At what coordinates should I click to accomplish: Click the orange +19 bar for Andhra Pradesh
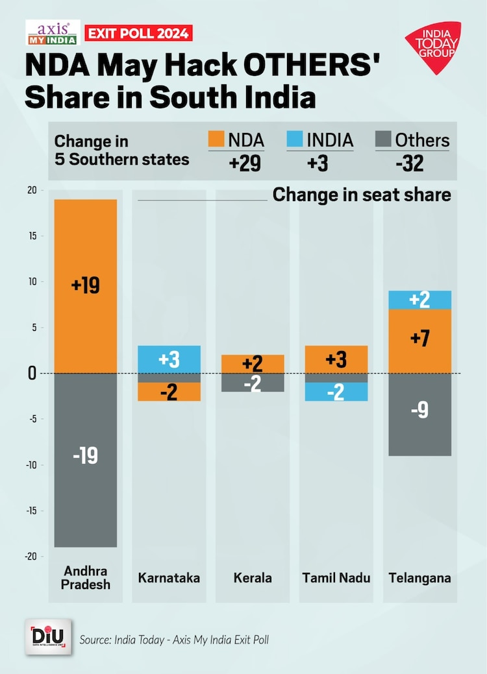tap(86, 286)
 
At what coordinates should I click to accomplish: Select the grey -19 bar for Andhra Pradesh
tap(86, 460)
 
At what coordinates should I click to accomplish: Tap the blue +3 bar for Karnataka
tap(169, 359)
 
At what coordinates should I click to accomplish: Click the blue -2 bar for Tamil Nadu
tap(336, 392)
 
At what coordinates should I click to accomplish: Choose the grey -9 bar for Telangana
tap(419, 415)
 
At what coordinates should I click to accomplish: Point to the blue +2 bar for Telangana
tap(419, 300)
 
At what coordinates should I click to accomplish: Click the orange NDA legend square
tap(216, 139)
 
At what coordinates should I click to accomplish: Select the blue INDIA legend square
tap(294, 139)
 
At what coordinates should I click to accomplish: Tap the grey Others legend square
tap(383, 139)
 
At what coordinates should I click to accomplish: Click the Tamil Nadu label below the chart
tap(336, 577)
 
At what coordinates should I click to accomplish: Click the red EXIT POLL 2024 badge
tap(138, 32)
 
